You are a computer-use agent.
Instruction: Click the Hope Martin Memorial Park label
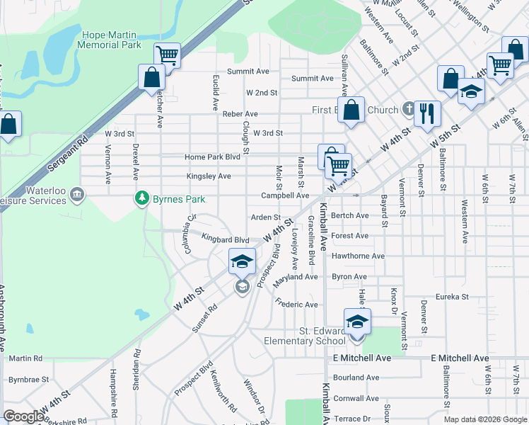click(112, 40)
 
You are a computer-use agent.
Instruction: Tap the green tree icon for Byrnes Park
click(142, 198)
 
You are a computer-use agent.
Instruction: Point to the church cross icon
click(408, 110)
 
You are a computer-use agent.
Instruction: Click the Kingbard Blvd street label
click(225, 239)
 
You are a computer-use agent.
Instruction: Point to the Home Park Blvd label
click(212, 157)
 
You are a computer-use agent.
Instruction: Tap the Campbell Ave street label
click(285, 195)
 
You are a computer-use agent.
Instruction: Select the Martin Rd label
click(26, 358)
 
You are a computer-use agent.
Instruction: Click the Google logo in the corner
click(23, 416)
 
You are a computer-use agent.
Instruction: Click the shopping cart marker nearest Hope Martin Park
click(167, 55)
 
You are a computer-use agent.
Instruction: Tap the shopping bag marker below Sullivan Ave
click(351, 110)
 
